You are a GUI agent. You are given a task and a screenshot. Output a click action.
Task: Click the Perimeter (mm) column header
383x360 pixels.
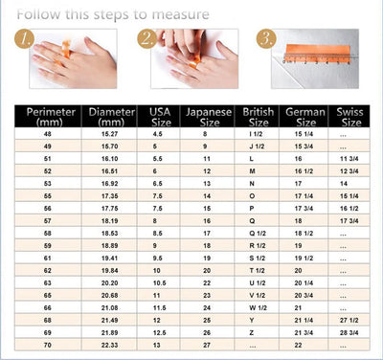45,117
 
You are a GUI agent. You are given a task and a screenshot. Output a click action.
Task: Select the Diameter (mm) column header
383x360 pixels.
112,117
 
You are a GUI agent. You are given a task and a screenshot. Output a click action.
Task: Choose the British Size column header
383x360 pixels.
258,117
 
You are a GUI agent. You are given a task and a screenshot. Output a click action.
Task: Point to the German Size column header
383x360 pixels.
304,117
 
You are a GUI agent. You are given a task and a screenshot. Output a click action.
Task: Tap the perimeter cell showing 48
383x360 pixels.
45,135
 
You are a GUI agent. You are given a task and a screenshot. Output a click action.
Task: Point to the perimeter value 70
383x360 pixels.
45,345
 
